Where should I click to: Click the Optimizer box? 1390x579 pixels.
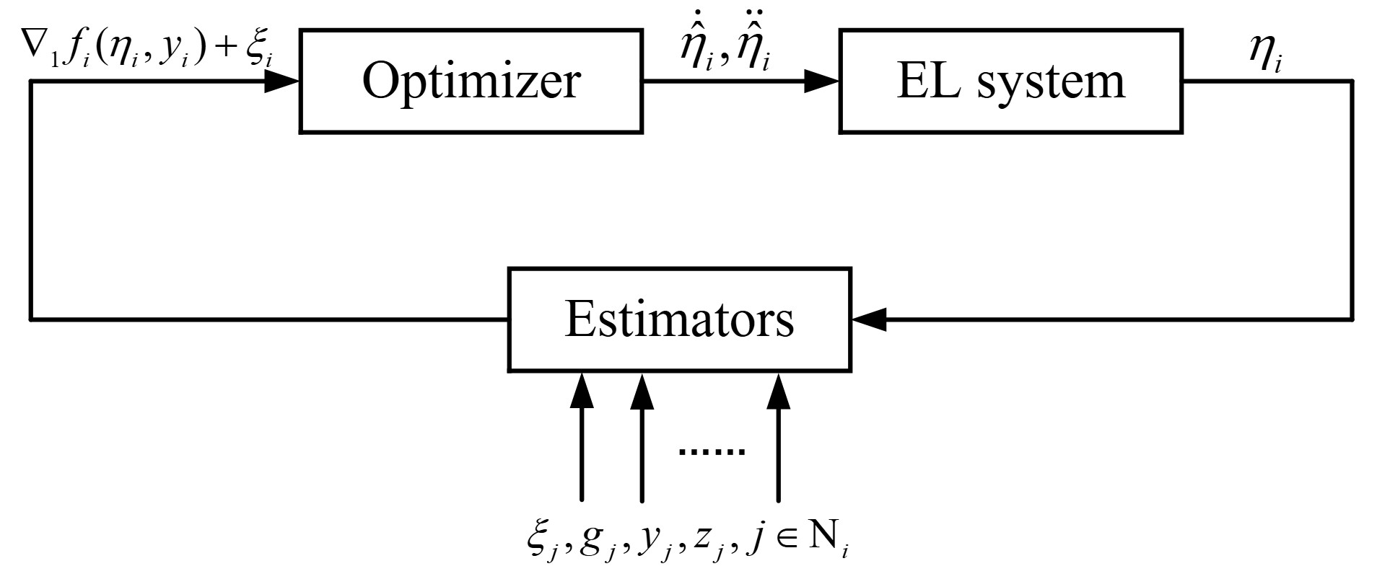[471, 81]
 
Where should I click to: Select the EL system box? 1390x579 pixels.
[1010, 81]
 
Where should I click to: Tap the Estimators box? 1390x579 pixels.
[679, 319]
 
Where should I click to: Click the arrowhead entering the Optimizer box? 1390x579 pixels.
[282, 81]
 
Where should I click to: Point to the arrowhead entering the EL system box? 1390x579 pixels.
[822, 81]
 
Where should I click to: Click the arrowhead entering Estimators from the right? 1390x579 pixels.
[869, 319]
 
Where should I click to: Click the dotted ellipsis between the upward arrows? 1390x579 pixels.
[712, 451]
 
